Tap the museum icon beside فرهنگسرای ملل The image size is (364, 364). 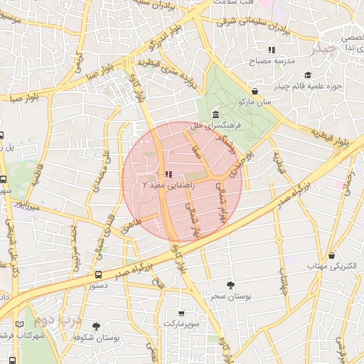[x=215, y=115]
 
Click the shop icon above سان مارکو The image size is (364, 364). [x=255, y=91]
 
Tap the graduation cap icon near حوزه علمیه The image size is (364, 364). [x=308, y=75]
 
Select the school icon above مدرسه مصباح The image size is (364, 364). [x=271, y=50]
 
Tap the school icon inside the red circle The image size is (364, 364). [x=168, y=174]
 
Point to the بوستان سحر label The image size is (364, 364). [x=228, y=294]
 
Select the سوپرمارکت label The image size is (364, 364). [x=181, y=323]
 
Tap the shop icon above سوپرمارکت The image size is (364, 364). [x=181, y=313]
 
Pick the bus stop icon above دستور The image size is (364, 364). [x=98, y=274]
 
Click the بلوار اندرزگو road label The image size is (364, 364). [x=161, y=42]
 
